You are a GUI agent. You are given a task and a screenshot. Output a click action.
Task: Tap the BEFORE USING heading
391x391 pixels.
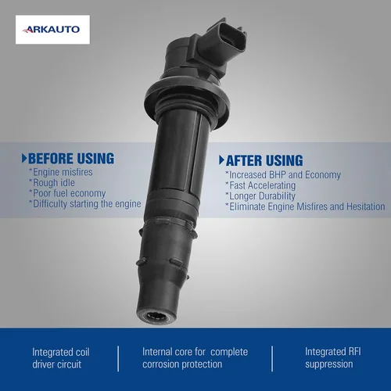71,159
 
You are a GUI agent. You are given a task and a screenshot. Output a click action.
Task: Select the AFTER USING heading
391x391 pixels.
264,160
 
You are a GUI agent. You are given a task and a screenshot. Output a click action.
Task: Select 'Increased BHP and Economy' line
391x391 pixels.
283,175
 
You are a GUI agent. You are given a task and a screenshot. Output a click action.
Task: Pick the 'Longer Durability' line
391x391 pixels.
260,196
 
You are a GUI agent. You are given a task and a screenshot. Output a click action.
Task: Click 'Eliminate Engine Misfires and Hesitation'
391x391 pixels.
305,206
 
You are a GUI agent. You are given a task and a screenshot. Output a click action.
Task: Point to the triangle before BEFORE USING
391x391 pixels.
24,159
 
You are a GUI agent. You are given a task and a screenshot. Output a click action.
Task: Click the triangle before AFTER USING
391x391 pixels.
222,160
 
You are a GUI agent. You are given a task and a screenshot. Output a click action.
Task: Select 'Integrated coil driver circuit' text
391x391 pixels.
61,358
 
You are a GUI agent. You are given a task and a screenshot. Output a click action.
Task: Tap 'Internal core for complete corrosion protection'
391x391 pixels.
195,358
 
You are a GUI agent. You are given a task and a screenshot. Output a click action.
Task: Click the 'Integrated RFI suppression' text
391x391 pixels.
333,357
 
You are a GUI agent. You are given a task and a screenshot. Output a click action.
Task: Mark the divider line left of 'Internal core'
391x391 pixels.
118,359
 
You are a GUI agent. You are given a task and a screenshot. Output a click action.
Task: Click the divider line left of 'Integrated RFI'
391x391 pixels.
272,359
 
